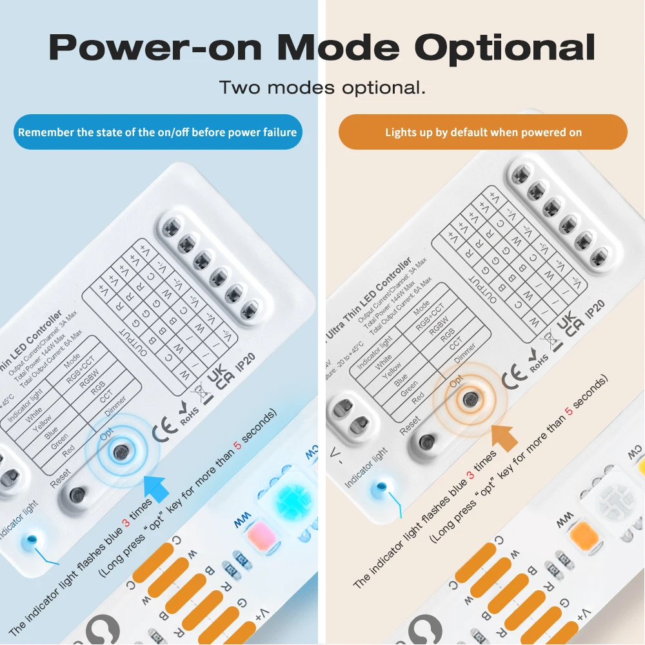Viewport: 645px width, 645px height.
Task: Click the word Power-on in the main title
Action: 155,48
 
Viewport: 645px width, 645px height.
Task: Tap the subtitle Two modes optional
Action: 322,88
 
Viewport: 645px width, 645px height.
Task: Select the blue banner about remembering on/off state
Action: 157,132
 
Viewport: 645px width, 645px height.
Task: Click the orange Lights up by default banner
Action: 483,132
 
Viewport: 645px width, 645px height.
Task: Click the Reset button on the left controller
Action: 77,496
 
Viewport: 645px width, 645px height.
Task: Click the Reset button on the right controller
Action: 426,442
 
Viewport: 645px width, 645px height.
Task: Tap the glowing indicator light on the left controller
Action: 30,539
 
